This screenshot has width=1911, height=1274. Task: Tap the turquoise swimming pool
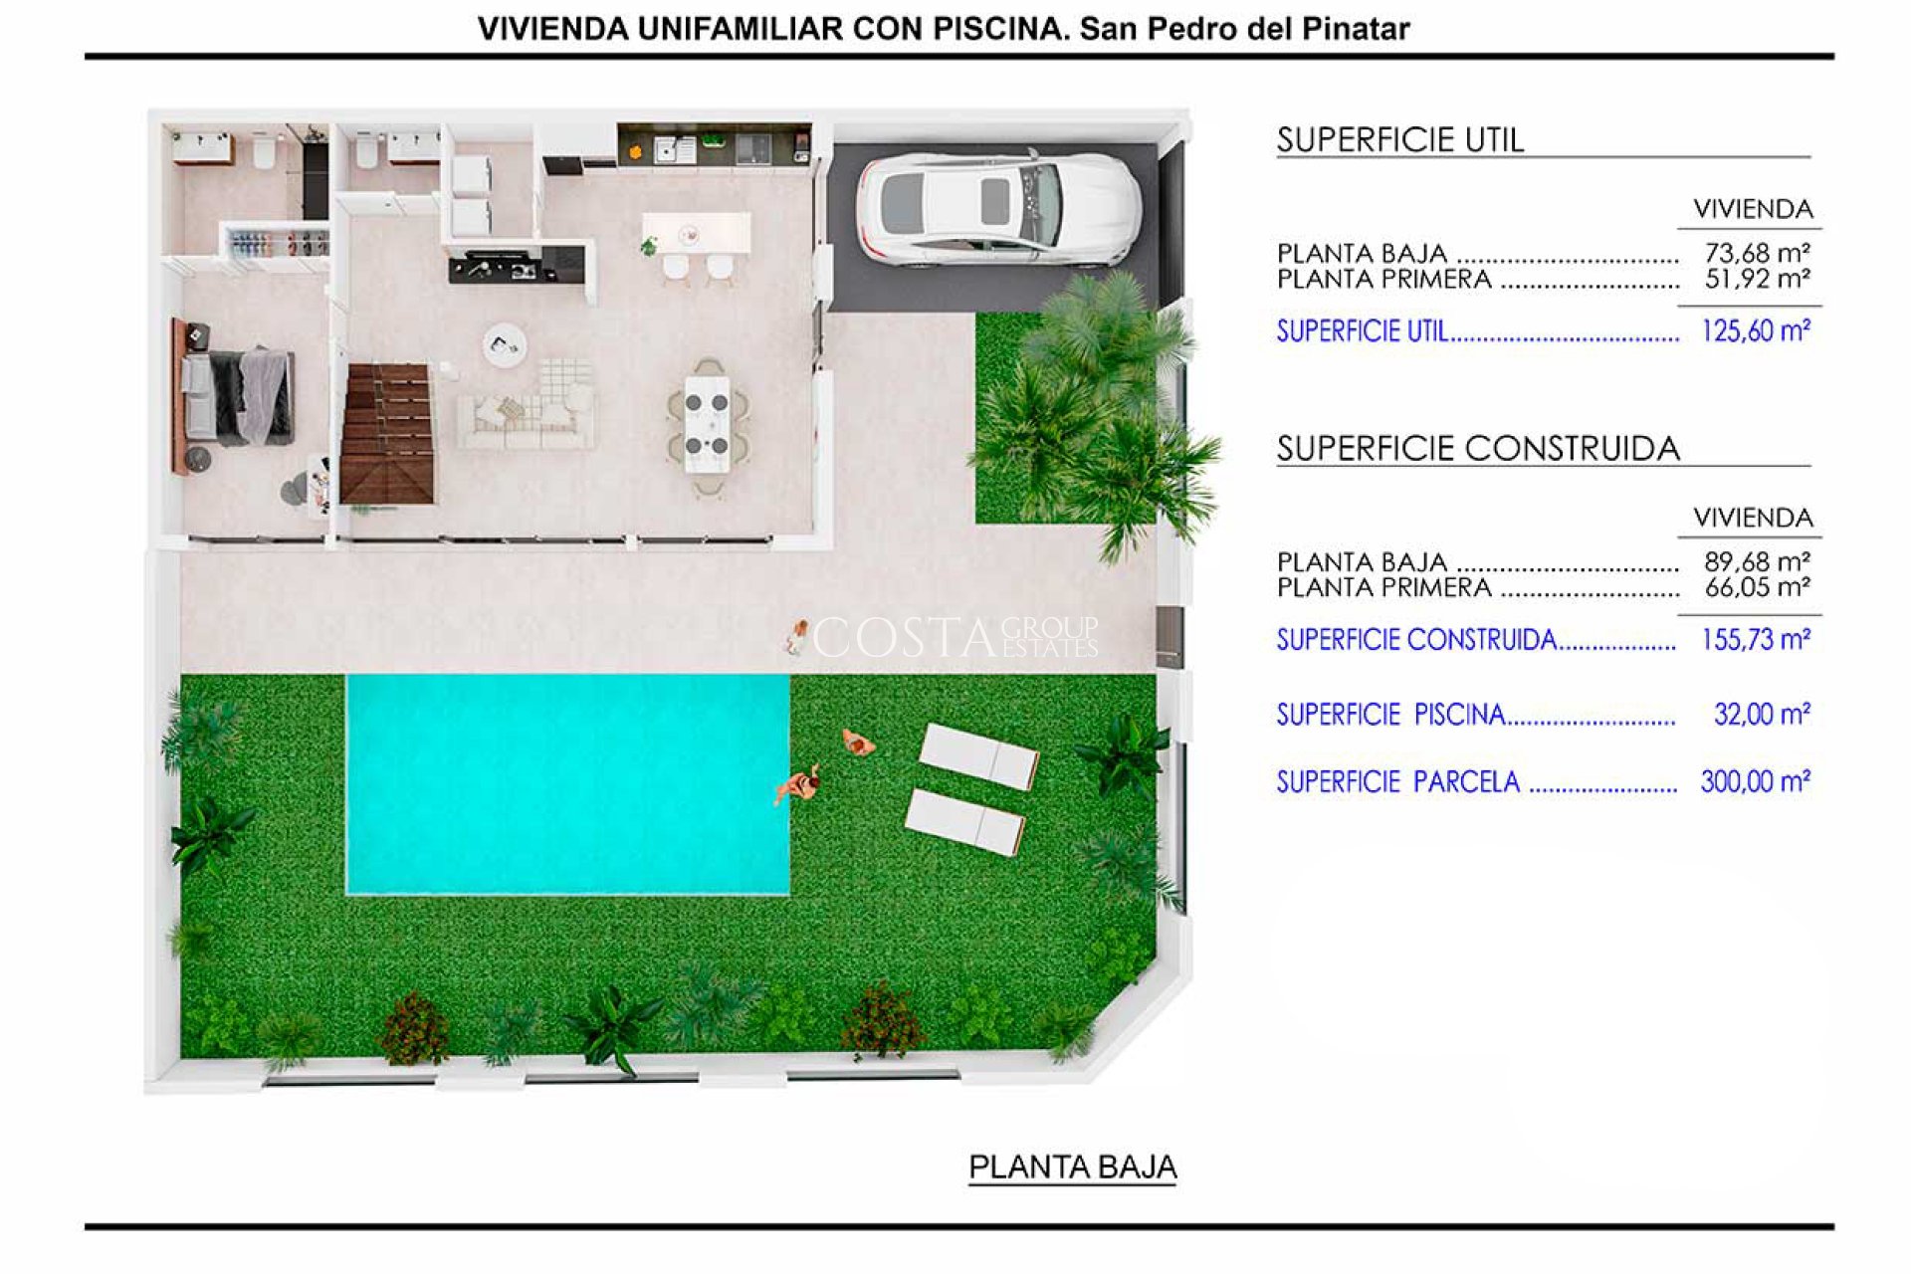click(x=567, y=784)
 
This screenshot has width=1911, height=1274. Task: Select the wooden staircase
click(x=387, y=433)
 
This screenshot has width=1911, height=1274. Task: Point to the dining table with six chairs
click(x=707, y=427)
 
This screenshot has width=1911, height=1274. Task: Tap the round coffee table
click(x=505, y=344)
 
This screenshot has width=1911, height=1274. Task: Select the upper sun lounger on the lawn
click(x=978, y=756)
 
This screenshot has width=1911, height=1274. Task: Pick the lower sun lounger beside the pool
click(x=964, y=822)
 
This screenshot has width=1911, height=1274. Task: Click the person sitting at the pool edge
click(x=798, y=786)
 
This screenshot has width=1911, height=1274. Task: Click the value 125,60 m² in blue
click(x=1755, y=331)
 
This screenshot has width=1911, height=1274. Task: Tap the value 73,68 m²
click(x=1757, y=253)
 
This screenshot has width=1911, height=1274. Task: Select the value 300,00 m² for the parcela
click(x=1754, y=782)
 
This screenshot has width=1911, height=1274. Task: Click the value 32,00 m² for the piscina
click(x=1761, y=715)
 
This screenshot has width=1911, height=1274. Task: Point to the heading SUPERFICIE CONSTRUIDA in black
click(x=1478, y=449)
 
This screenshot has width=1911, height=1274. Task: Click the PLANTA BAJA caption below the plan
click(x=1072, y=1167)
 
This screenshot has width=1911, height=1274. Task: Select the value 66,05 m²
click(x=1757, y=588)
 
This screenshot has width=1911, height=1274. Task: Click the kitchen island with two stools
click(x=696, y=235)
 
